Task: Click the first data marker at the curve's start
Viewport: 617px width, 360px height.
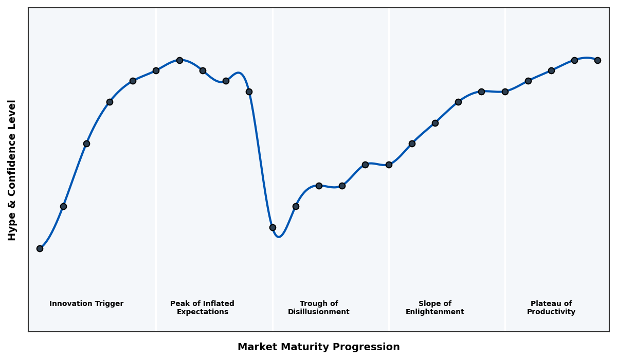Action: pyautogui.click(x=40, y=248)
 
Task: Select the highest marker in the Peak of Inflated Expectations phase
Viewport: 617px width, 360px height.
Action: pyautogui.click(x=179, y=60)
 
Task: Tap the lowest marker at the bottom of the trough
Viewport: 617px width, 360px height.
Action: pyautogui.click(x=273, y=227)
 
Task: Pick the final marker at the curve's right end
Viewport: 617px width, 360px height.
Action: pyautogui.click(x=597, y=60)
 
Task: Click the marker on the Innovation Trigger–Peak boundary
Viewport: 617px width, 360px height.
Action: pyautogui.click(x=156, y=70)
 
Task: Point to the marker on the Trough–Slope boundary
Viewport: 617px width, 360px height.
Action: pyautogui.click(x=389, y=165)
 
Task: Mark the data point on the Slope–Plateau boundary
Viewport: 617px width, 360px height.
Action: pyautogui.click(x=505, y=92)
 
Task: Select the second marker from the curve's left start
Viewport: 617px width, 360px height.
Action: pyautogui.click(x=63, y=206)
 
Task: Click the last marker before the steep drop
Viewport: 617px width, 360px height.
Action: pyautogui.click(x=249, y=92)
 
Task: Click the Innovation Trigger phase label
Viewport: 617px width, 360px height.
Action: pyautogui.click(x=86, y=304)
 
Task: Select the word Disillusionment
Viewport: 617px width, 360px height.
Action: pyautogui.click(x=319, y=312)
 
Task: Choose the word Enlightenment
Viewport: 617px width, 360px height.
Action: pyautogui.click(x=435, y=312)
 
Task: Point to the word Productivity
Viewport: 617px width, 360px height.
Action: pyautogui.click(x=551, y=312)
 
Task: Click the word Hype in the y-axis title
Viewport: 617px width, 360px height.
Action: pyautogui.click(x=12, y=227)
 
